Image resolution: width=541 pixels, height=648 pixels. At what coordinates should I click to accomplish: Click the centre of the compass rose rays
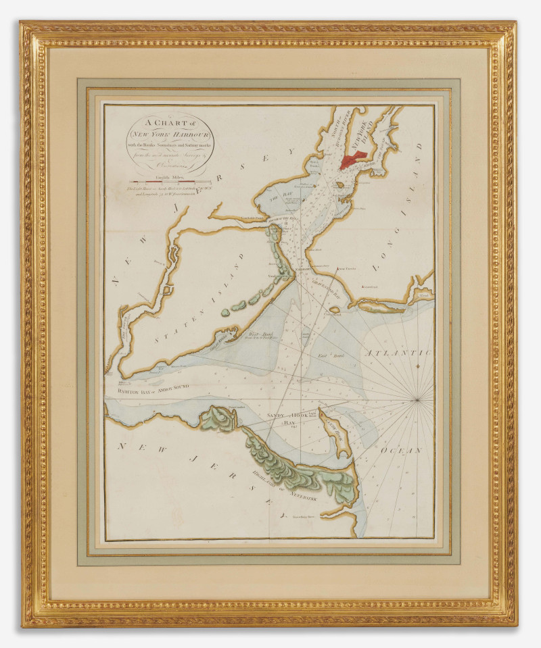pyautogui.click(x=417, y=400)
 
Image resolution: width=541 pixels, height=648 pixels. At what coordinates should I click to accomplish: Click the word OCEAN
pyautogui.click(x=401, y=450)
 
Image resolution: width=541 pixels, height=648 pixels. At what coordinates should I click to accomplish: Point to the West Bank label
pyautogui.click(x=243, y=334)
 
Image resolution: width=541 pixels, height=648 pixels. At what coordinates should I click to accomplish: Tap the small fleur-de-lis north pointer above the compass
pyautogui.click(x=417, y=366)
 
